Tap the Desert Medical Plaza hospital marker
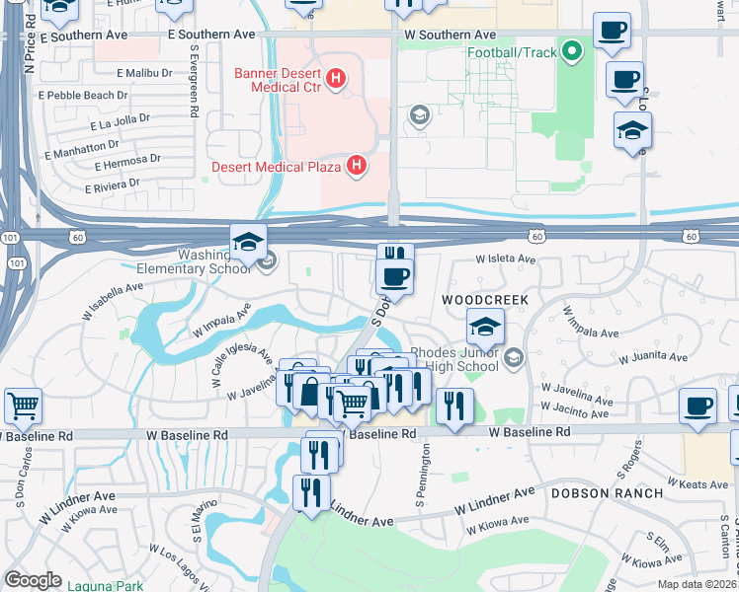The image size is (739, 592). [x=358, y=167]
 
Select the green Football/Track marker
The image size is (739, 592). [x=571, y=53]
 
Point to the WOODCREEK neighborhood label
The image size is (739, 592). [x=486, y=298]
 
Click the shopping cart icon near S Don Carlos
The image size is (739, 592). [x=23, y=405]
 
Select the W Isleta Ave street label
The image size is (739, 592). [x=505, y=260]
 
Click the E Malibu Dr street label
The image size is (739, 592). [x=146, y=73]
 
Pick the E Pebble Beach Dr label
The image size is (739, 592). [x=83, y=96]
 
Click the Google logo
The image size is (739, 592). [x=32, y=580]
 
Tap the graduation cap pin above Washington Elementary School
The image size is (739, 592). [x=248, y=243]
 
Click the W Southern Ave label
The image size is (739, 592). [x=450, y=35]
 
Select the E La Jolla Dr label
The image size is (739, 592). [x=120, y=122]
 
